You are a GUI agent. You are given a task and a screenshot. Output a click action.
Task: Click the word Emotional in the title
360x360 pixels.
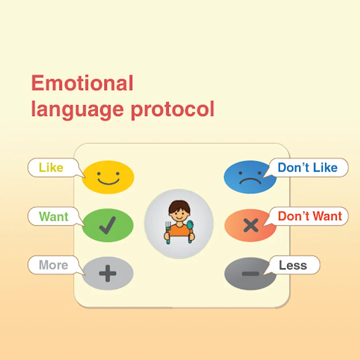[82, 83]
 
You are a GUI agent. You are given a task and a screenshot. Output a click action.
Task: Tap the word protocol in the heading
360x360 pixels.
[173, 110]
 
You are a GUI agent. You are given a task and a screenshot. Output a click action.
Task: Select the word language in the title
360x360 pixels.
[78, 110]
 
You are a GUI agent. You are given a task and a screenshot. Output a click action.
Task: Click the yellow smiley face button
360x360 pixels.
[108, 177]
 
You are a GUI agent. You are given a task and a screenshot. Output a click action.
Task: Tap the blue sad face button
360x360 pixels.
[250, 177]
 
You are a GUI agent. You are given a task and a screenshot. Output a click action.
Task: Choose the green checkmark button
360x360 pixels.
[108, 225]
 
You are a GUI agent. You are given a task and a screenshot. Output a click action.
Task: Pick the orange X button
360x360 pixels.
[250, 225]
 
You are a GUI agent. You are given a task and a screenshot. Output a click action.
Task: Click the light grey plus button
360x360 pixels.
[108, 273]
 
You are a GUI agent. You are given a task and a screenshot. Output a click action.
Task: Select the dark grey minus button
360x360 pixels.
[250, 274]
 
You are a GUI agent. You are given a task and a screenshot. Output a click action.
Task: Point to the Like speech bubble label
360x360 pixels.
[51, 167]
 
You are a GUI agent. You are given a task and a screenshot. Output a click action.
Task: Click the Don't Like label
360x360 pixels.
[308, 167]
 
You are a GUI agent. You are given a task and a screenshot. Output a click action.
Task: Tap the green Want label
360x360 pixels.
[54, 216]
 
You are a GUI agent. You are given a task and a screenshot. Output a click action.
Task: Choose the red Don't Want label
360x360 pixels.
[310, 216]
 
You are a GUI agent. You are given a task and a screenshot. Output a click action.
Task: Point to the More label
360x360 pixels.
[54, 265]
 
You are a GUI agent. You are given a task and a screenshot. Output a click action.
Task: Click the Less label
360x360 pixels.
[293, 265]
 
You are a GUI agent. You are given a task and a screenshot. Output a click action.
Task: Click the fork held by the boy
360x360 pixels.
[168, 232]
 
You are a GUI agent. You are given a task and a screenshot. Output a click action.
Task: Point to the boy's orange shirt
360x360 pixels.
[179, 230]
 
